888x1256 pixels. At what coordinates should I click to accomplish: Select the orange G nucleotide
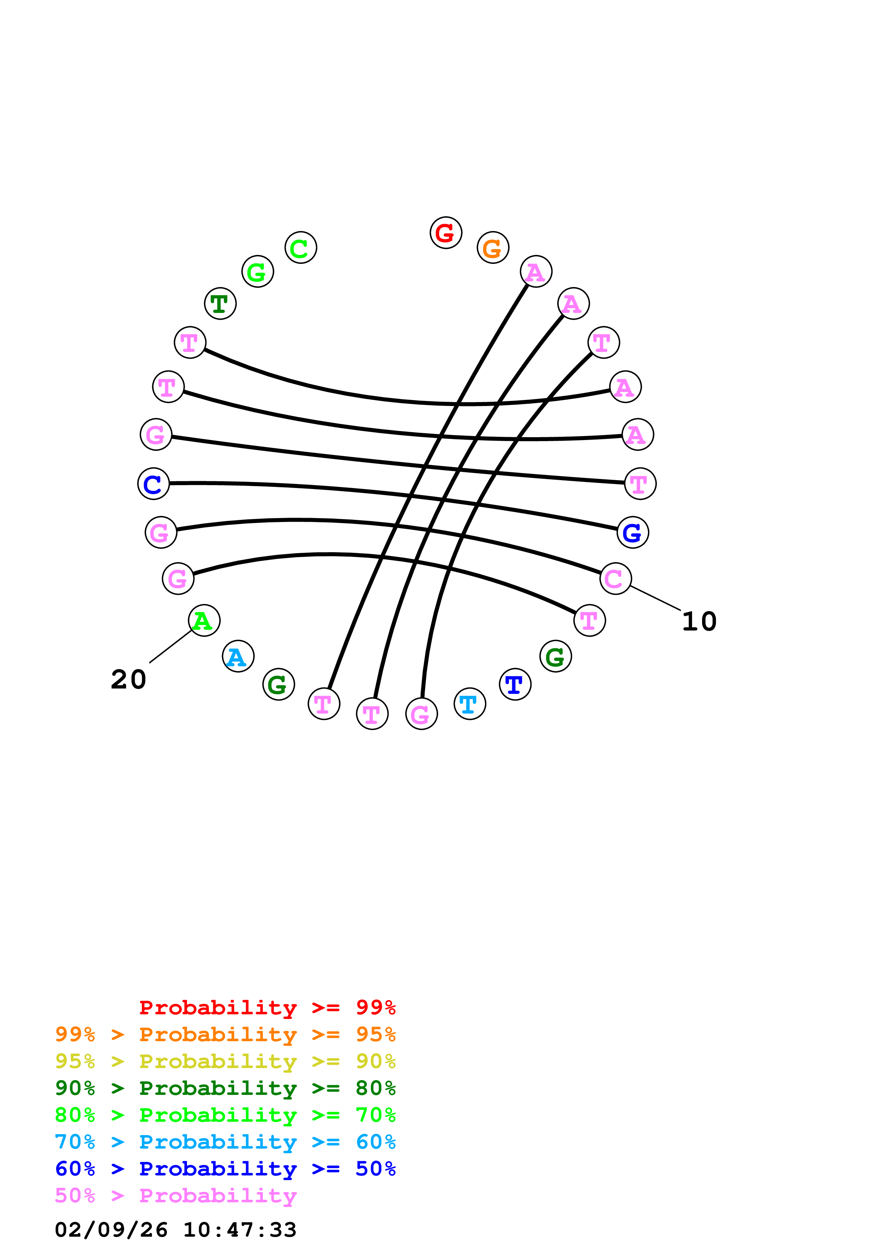[493, 248]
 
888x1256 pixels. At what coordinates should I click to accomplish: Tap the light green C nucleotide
[301, 248]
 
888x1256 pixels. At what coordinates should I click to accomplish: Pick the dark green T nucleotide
[220, 304]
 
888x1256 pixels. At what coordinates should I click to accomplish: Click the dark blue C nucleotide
[153, 484]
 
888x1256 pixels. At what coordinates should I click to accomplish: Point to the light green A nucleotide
[203, 620]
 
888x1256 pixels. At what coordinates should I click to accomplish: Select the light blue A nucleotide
[238, 656]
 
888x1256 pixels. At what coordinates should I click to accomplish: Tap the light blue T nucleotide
[470, 704]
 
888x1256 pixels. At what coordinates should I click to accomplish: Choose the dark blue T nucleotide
[515, 684]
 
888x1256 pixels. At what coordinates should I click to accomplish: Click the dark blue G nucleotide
[633, 532]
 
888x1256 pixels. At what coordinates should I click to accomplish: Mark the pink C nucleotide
[615, 579]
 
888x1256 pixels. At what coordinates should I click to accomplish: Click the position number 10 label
[699, 622]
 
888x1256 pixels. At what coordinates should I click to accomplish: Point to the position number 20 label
[129, 680]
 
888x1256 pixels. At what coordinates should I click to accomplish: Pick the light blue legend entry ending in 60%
[225, 1142]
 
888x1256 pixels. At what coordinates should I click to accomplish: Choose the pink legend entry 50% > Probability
[176, 1196]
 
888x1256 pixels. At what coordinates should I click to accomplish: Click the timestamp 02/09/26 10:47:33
[176, 1230]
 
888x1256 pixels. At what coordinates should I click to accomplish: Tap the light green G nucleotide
[257, 272]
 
